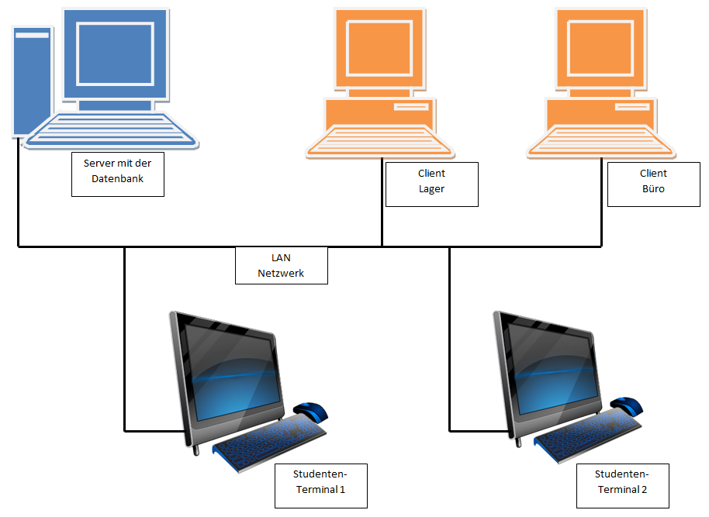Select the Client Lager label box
(432, 184)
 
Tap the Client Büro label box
(654, 184)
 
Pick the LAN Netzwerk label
(282, 265)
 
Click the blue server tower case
(32, 81)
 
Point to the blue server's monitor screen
(116, 53)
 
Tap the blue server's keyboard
(112, 129)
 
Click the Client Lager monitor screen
(379, 47)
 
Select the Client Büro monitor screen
(600, 47)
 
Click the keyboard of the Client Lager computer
(379, 141)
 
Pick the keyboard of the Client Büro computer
(601, 141)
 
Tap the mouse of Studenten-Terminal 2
(627, 407)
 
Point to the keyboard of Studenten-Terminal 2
(588, 436)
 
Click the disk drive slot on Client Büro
(632, 107)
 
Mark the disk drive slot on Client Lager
(411, 107)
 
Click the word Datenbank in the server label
(118, 179)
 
